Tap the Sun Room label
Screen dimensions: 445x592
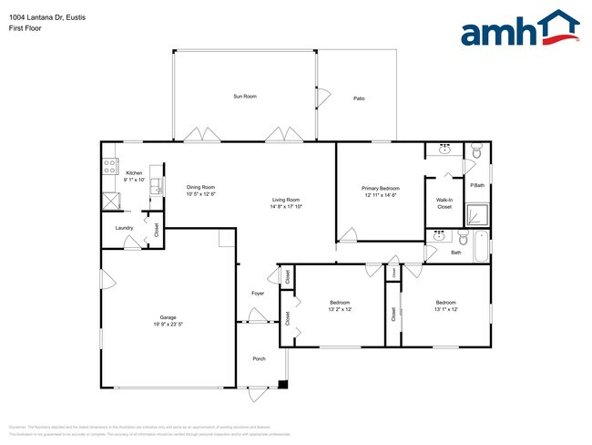coord(244,96)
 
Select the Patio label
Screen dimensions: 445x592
coord(359,98)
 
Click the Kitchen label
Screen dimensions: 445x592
coord(134,173)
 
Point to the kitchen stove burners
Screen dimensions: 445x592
coord(110,167)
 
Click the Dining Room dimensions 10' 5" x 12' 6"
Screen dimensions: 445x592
coord(200,193)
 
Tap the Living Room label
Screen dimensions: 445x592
coord(286,200)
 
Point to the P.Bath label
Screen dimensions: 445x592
coord(475,186)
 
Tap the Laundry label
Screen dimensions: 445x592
coord(124,228)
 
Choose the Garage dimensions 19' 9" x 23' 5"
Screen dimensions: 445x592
coord(168,324)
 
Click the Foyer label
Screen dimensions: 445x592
coord(258,293)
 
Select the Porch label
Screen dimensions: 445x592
coord(259,358)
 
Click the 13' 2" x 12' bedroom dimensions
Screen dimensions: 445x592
coord(340,309)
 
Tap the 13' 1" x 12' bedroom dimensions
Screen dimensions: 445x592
coord(445,309)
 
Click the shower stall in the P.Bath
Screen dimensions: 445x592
coord(477,215)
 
